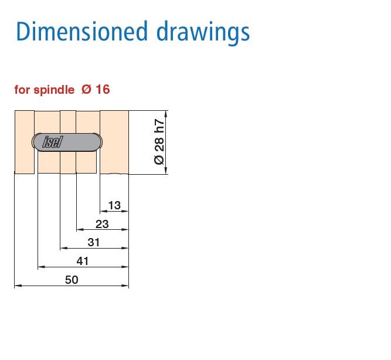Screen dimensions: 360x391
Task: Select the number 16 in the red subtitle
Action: pos(103,90)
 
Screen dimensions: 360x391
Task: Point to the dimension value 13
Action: pos(114,205)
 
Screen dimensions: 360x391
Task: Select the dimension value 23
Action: pos(102,223)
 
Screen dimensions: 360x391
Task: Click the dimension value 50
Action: pos(72,280)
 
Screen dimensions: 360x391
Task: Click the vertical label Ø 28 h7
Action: pos(159,142)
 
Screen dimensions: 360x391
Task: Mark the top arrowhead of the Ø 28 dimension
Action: pos(167,113)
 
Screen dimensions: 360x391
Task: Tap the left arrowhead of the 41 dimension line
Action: pos(40,267)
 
